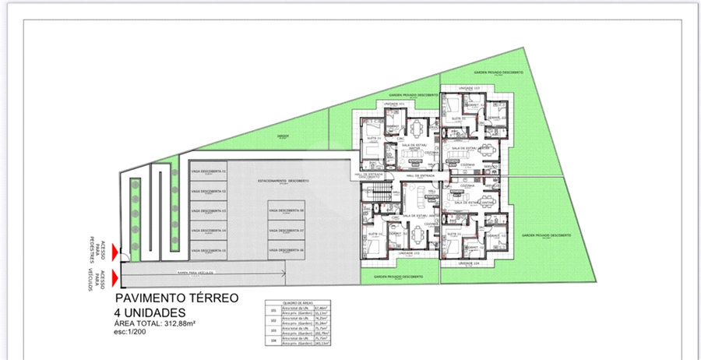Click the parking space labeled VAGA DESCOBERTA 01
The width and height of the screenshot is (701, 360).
pos(207,171)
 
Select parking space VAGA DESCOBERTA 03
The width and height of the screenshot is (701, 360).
pos(207,211)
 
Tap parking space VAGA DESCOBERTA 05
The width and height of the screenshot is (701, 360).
pos(207,251)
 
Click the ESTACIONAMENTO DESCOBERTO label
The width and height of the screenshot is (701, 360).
pos(284,181)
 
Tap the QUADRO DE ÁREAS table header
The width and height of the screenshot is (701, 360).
pos(297,303)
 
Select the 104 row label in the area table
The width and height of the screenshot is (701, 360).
pos(273,340)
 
